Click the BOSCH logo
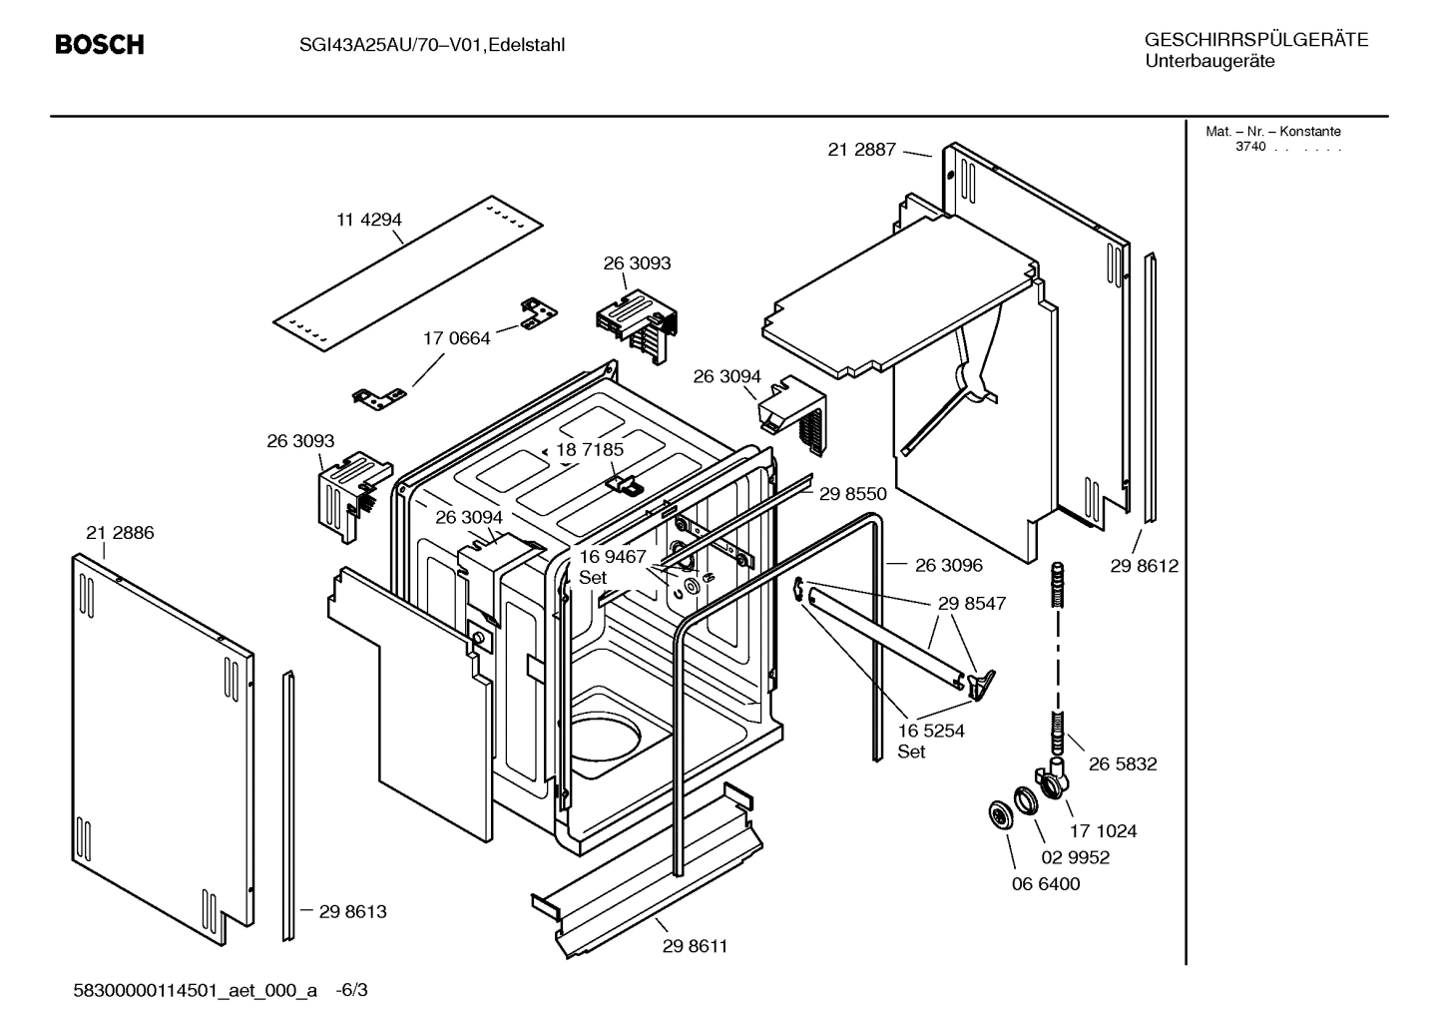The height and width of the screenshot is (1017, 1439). click(x=99, y=45)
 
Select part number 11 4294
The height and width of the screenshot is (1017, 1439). click(x=368, y=221)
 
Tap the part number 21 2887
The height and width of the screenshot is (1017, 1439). click(x=861, y=150)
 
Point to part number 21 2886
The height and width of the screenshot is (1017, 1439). click(x=120, y=533)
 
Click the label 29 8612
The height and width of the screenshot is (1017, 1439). click(x=1144, y=566)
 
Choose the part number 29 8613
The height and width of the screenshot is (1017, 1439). click(x=352, y=911)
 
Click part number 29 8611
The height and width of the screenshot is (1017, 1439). click(x=695, y=946)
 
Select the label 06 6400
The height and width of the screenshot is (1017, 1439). click(x=1046, y=883)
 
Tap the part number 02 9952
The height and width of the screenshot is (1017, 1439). click(x=1076, y=857)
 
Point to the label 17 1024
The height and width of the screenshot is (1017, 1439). click(x=1103, y=830)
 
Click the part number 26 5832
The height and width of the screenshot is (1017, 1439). click(x=1123, y=763)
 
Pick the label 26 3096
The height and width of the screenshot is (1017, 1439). click(x=948, y=565)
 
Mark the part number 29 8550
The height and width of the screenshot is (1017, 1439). click(x=852, y=493)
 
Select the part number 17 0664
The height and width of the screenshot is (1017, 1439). click(x=457, y=338)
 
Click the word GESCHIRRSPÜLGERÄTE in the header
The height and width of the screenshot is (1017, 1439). click(x=1255, y=40)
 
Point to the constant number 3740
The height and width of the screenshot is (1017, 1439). click(x=1249, y=147)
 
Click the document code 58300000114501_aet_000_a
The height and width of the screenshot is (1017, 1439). click(x=196, y=990)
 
